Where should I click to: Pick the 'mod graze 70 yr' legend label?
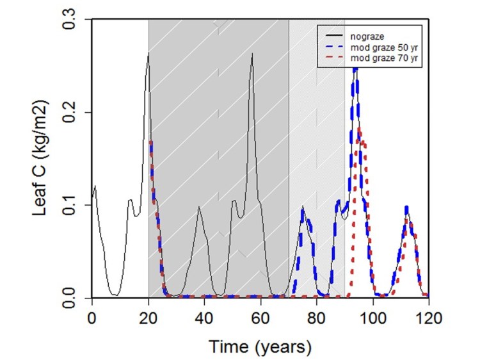point(378,59)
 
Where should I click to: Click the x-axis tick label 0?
point(92,318)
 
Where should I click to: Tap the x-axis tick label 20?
point(148,318)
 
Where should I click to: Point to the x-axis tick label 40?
point(204,318)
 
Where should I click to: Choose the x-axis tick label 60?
point(260,318)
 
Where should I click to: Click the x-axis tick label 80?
point(316,318)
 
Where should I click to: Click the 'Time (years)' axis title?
point(259,347)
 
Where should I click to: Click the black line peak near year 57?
point(253,54)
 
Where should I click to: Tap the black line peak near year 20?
point(148,54)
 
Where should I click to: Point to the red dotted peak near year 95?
point(360,129)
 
